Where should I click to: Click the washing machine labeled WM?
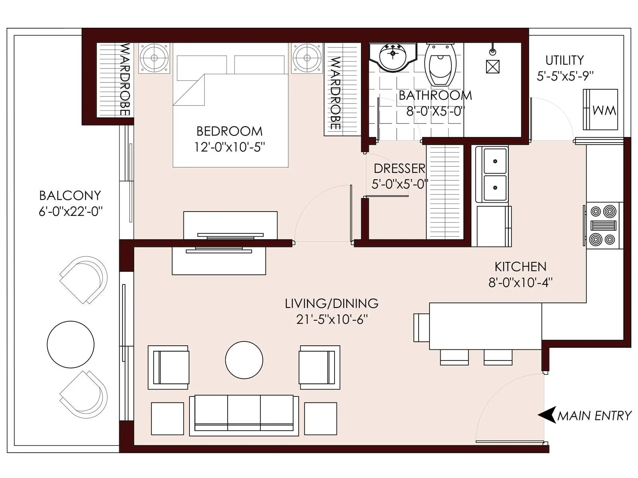tap(600, 110)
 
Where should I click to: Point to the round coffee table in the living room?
tap(244, 360)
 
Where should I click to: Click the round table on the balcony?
tap(71, 344)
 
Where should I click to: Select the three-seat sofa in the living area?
tap(244, 415)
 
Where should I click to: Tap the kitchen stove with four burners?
tap(604, 225)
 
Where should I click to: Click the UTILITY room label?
tap(564, 60)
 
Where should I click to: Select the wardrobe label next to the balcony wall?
tap(125, 79)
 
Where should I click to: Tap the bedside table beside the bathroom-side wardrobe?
tap(307, 58)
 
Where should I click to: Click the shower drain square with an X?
tap(493, 67)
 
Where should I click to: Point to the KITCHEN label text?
tap(520, 266)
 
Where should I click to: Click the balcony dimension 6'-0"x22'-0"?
tap(71, 211)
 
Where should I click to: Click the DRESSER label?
tap(399, 168)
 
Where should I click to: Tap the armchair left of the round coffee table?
tap(168, 367)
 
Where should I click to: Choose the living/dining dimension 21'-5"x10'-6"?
tap(331, 319)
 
